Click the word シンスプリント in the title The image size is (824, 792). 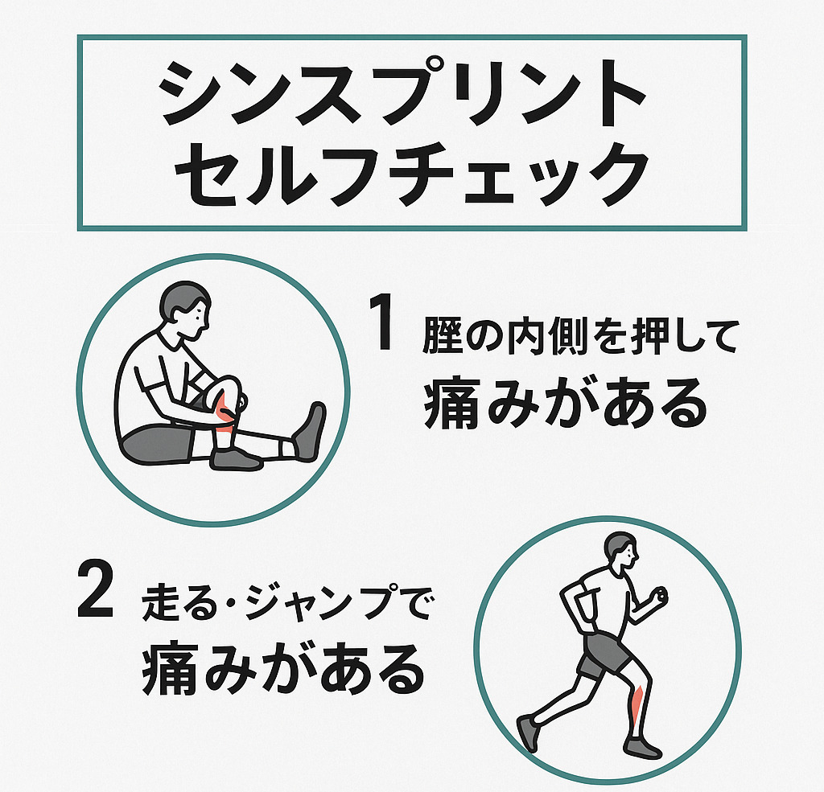pyautogui.click(x=403, y=93)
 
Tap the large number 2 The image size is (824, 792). pyautogui.click(x=95, y=589)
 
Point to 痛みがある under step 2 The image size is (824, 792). pyautogui.click(x=283, y=668)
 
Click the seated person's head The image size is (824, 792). pyautogui.click(x=185, y=310)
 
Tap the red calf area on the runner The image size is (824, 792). pyautogui.click(x=637, y=704)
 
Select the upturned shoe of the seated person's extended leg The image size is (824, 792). pyautogui.click(x=310, y=433)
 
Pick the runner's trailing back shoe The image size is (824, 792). pyautogui.click(x=528, y=732)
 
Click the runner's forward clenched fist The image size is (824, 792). pyautogui.click(x=657, y=596)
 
